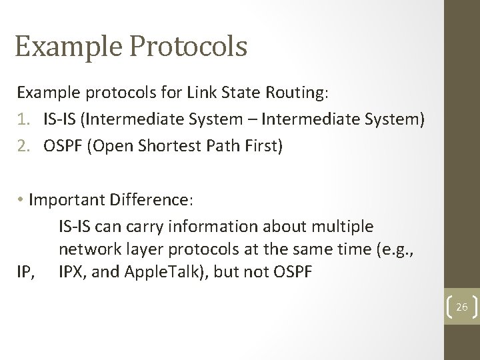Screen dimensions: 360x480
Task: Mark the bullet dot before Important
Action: pyautogui.click(x=22, y=201)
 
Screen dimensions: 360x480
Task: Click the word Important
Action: pyautogui.click(x=70, y=201)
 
